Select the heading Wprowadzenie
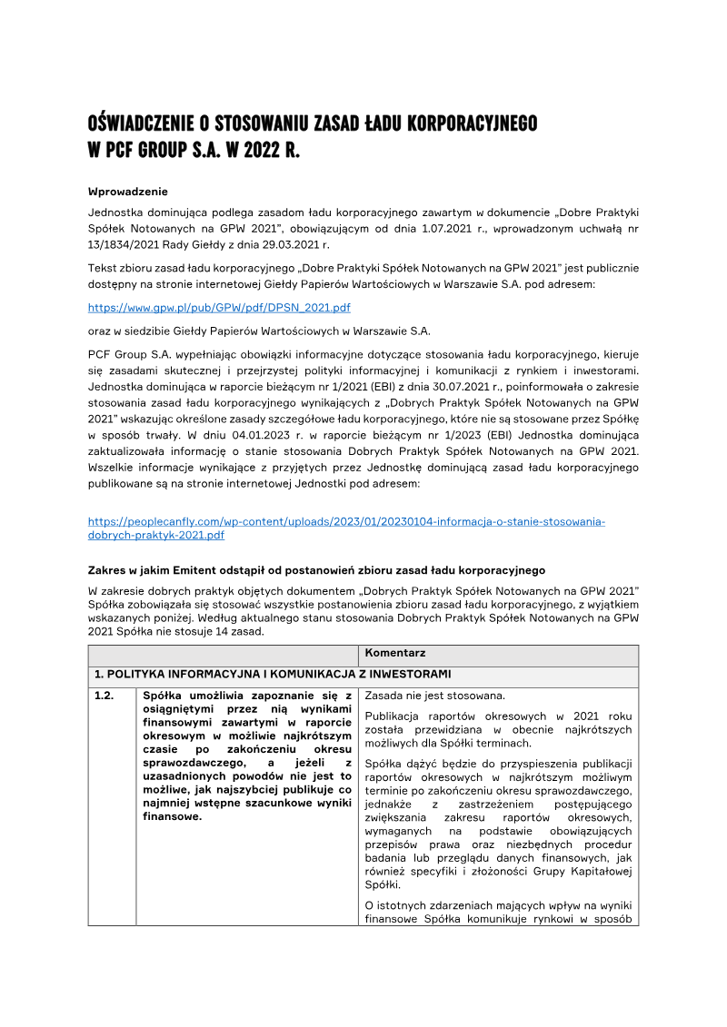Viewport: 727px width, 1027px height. pyautogui.click(x=127, y=192)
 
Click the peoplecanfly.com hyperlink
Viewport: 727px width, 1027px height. pyautogui.click(x=345, y=521)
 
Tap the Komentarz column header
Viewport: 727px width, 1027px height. pyautogui.click(x=394, y=653)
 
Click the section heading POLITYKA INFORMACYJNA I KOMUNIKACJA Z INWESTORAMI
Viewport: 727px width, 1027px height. pyautogui.click(x=272, y=674)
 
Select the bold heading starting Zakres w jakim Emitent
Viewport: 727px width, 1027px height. pyautogui.click(x=315, y=570)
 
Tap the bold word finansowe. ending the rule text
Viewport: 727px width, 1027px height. pyautogui.click(x=172, y=816)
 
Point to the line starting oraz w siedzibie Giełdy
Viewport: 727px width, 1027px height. pyautogui.click(x=258, y=330)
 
